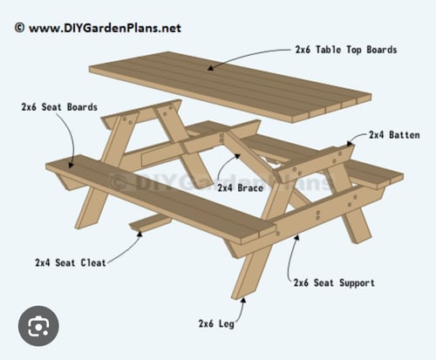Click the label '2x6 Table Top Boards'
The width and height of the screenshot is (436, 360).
[x=346, y=50]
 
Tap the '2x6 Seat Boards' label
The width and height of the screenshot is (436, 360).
[x=59, y=107]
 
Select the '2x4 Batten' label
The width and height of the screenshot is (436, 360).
[x=394, y=135]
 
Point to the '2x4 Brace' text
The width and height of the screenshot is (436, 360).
[x=240, y=187]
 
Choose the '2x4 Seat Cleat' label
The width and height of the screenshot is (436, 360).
[x=71, y=262]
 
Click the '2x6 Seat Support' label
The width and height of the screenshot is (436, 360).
[x=334, y=282]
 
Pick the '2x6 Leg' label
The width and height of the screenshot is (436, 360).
[x=216, y=323]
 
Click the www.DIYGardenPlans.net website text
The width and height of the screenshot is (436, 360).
[x=105, y=28]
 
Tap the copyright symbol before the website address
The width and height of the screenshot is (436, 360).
[x=19, y=28]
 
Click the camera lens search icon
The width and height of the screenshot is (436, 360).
[x=38, y=326]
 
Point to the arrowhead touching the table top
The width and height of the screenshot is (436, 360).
[x=211, y=68]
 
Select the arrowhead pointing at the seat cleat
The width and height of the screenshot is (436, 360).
[x=140, y=234]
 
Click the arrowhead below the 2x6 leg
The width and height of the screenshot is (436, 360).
[x=243, y=300]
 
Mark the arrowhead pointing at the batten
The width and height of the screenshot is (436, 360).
[x=350, y=143]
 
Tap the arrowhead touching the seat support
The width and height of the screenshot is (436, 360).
[x=296, y=237]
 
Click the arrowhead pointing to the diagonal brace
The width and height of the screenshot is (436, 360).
[x=237, y=157]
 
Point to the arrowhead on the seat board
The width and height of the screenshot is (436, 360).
[x=71, y=165]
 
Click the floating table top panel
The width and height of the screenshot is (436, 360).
[x=230, y=87]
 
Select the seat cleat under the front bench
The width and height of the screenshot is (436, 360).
[x=151, y=222]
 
